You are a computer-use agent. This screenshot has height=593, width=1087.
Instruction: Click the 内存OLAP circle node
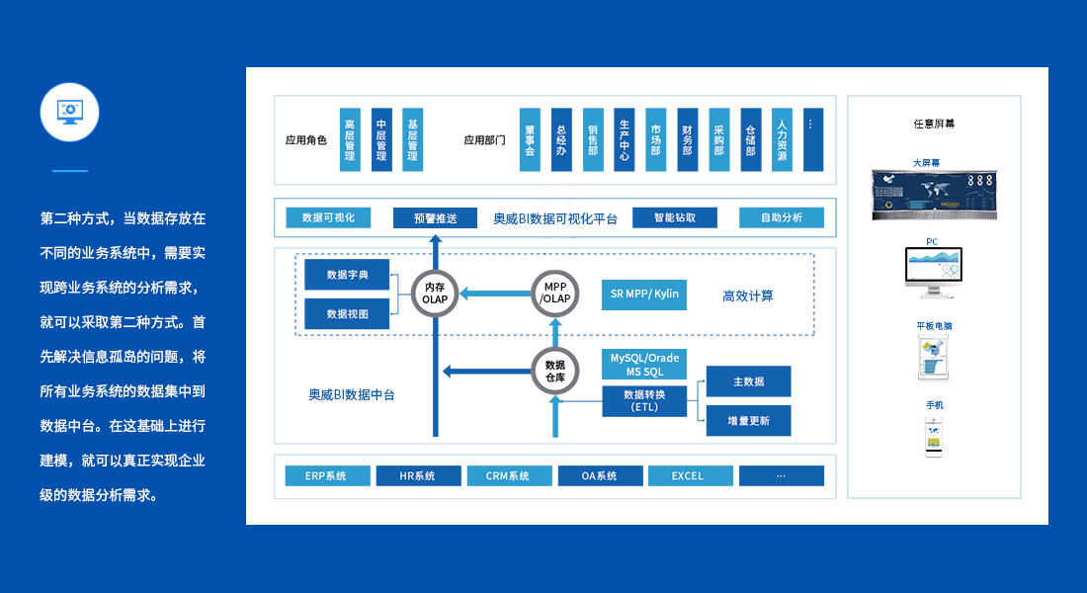(435, 293)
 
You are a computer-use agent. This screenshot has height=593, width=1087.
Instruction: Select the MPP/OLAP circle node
(555, 293)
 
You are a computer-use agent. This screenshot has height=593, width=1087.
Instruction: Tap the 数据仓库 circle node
(555, 371)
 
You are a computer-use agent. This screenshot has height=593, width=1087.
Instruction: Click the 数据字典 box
(347, 275)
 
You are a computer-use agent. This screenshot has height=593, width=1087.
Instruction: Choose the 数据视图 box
(347, 313)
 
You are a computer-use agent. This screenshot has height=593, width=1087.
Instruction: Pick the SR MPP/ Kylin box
(644, 295)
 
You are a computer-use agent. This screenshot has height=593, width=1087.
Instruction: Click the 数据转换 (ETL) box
(644, 400)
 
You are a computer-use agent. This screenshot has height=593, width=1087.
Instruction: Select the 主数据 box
(748, 381)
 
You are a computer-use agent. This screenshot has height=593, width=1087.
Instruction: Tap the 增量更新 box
(748, 420)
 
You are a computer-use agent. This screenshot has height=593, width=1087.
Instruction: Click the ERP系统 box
(327, 475)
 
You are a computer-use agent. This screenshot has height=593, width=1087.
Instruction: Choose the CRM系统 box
(509, 475)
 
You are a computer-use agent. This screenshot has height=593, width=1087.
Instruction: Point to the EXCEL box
(689, 475)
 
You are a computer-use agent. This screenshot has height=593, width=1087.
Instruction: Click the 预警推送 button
(435, 218)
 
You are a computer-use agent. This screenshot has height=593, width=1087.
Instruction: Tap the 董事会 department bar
(530, 139)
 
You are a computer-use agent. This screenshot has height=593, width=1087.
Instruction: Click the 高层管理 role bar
(350, 139)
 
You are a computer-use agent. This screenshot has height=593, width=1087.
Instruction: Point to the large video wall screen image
(933, 194)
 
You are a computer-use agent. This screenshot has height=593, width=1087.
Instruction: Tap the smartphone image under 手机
(933, 436)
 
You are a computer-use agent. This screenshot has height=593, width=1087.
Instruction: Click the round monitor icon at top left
(69, 112)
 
